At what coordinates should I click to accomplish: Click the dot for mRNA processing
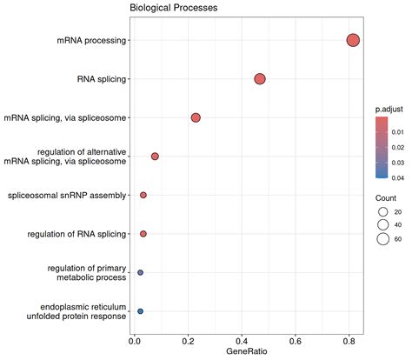(353, 40)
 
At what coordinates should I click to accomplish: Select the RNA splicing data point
(259, 79)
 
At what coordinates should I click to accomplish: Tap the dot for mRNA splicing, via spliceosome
(196, 117)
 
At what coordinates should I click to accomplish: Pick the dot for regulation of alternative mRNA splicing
(155, 157)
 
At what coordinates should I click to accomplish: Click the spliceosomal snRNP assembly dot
(143, 195)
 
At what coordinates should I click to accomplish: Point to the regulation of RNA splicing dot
(143, 234)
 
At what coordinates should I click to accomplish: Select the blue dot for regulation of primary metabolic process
(140, 272)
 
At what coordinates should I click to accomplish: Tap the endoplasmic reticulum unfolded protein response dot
(140, 310)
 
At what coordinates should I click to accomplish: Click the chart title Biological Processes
(173, 8)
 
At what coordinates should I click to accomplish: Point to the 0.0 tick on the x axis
(135, 339)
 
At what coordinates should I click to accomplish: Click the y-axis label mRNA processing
(92, 40)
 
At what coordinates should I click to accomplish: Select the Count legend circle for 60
(382, 239)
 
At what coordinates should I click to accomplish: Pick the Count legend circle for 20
(382, 211)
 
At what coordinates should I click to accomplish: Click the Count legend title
(383, 197)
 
